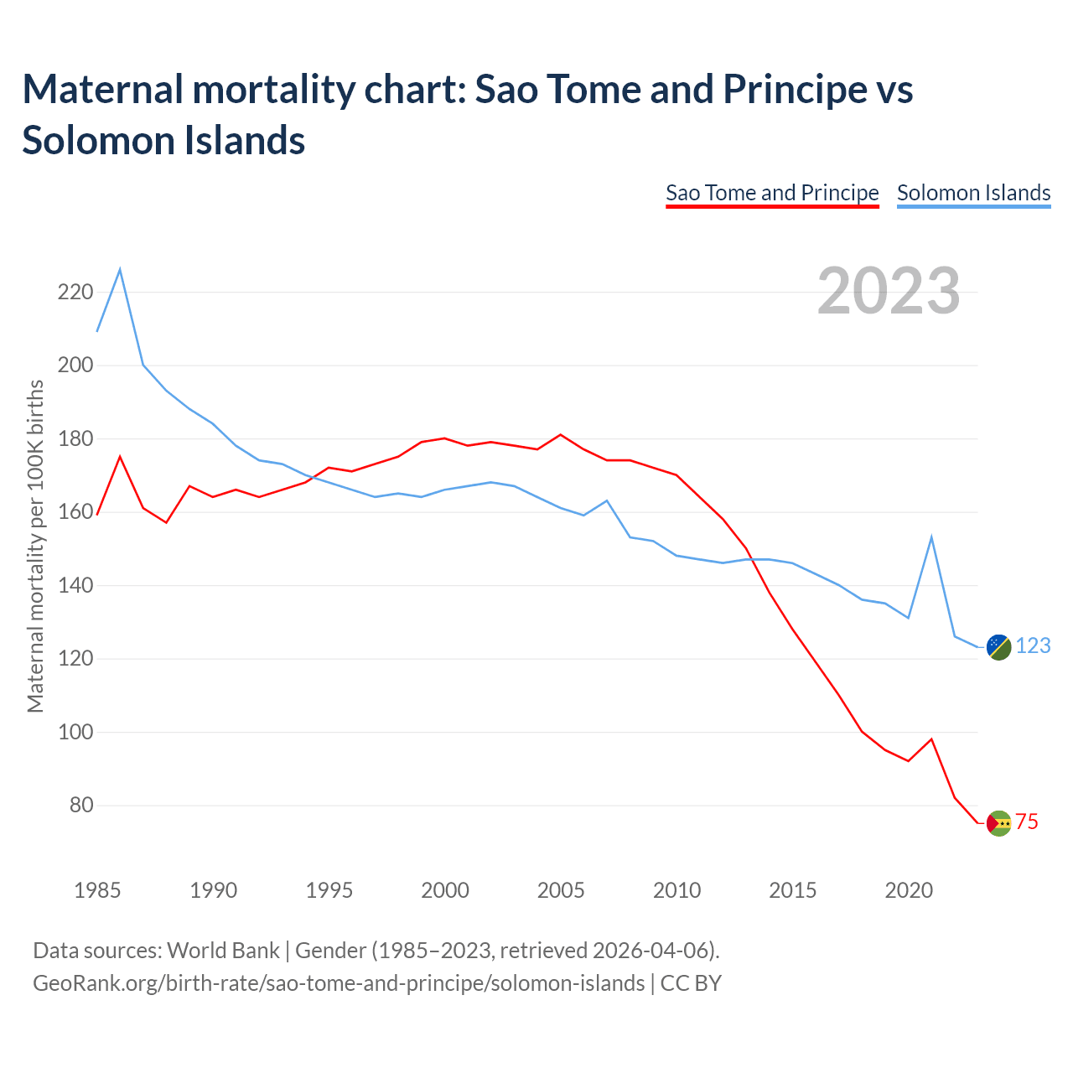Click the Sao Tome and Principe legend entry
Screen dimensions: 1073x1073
(772, 193)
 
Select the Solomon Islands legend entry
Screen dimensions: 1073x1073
(973, 193)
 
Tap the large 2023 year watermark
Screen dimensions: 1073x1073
(889, 291)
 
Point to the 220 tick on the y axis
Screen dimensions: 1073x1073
(75, 293)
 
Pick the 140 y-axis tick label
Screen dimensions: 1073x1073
(75, 586)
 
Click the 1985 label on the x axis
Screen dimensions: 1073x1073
(97, 890)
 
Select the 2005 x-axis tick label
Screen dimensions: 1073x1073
(561, 890)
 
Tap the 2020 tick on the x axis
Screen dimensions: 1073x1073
(909, 890)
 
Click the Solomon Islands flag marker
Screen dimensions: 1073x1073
(998, 646)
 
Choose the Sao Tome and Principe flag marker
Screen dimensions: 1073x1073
(998, 823)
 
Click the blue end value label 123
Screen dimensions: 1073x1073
(1033, 646)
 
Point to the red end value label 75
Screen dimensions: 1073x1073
(1027, 822)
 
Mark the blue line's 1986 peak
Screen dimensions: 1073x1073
(120, 269)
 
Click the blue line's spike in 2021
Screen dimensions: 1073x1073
(931, 537)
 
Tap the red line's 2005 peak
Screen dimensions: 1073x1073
(561, 435)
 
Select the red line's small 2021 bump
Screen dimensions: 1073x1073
(931, 739)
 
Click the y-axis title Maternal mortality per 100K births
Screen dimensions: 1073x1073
(35, 547)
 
